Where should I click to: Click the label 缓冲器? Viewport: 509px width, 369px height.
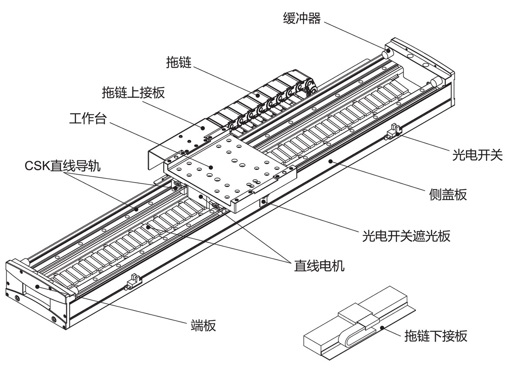pyautogui.click(x=302, y=18)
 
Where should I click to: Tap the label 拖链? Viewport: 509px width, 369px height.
pyautogui.click(x=179, y=63)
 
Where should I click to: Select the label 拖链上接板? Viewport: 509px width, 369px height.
pyautogui.click(x=134, y=92)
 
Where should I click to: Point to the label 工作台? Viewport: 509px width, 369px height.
pyautogui.click(x=87, y=119)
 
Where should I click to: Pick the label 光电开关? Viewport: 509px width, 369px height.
pyautogui.click(x=477, y=154)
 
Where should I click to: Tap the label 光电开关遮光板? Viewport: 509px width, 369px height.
pyautogui.click(x=406, y=236)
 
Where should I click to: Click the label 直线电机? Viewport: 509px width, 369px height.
pyautogui.click(x=319, y=265)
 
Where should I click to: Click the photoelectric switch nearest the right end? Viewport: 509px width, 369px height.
pyautogui.click(x=395, y=131)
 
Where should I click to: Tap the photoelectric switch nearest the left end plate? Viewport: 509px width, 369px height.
pyautogui.click(x=132, y=284)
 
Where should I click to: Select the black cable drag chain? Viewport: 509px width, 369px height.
pyautogui.click(x=261, y=102)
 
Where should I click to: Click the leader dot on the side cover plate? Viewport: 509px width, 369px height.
pyautogui.click(x=331, y=161)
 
